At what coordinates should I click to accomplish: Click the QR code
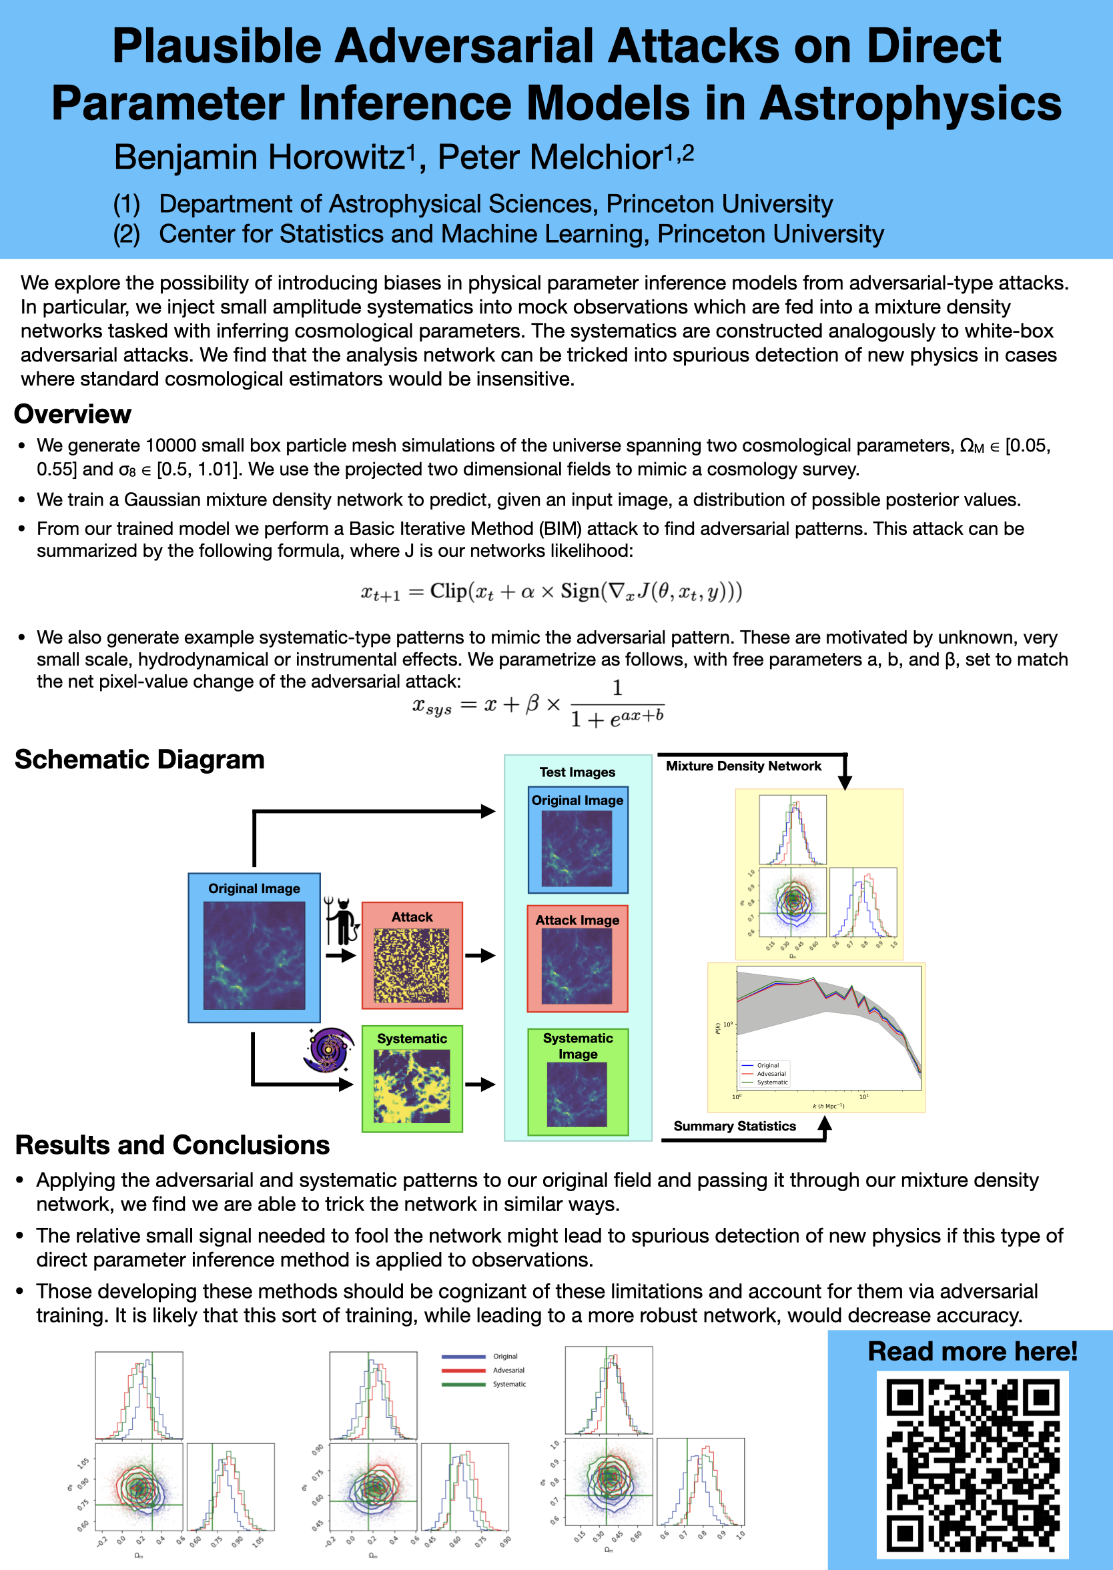click(x=972, y=1464)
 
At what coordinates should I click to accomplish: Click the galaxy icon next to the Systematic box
click(x=329, y=1049)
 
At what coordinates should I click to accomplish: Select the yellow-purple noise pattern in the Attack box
click(x=411, y=966)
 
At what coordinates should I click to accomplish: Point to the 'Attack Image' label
click(x=577, y=920)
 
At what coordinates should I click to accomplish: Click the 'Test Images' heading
click(x=577, y=772)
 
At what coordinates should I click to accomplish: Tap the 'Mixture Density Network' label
click(x=743, y=766)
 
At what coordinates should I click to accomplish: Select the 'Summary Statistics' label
click(x=734, y=1126)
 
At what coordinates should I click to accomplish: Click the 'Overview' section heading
click(x=73, y=414)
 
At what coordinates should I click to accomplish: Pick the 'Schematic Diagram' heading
click(x=140, y=760)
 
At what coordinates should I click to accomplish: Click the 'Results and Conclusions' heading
click(x=172, y=1145)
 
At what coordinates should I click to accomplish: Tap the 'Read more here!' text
click(x=972, y=1351)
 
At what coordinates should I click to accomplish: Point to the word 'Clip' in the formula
click(x=448, y=590)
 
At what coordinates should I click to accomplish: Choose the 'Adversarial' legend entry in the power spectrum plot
click(x=771, y=1073)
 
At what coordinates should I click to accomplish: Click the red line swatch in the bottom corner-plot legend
click(x=464, y=1370)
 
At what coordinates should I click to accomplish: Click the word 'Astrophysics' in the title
click(x=910, y=103)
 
